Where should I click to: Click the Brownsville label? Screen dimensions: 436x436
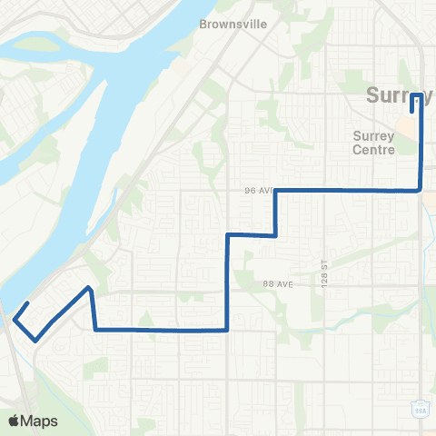pyautogui.click(x=233, y=25)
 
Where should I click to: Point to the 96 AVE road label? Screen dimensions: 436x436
pyautogui.click(x=258, y=191)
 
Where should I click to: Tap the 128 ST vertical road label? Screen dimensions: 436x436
pyautogui.click(x=322, y=268)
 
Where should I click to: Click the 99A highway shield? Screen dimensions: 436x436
pyautogui.click(x=420, y=406)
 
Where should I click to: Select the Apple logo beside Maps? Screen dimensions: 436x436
pyautogui.click(x=14, y=421)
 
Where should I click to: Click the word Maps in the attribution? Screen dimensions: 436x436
pyautogui.click(x=40, y=421)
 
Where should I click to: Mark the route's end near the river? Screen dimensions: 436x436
pyautogui.click(x=30, y=302)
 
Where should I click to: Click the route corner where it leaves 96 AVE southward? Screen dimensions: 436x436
pyautogui.click(x=275, y=191)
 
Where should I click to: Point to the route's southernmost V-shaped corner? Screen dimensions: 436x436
pyautogui.click(x=35, y=340)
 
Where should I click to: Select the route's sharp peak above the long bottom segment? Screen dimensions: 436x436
pyautogui.click(x=89, y=288)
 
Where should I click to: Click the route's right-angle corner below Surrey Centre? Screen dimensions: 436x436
pyautogui.click(x=421, y=190)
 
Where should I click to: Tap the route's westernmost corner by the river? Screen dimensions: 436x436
pyautogui.click(x=15, y=318)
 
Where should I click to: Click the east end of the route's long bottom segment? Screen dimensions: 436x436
pyautogui.click(x=226, y=330)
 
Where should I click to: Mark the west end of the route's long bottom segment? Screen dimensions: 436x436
pyautogui.click(x=95, y=329)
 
